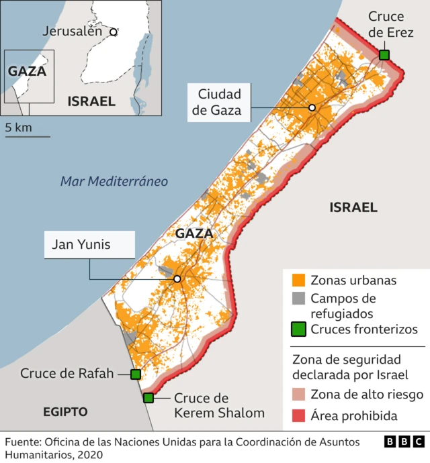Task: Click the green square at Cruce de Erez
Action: [384, 55]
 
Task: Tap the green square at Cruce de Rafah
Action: [135, 374]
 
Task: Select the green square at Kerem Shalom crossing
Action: [148, 398]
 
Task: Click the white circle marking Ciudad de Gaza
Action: [312, 108]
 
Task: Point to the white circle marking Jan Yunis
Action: [177, 279]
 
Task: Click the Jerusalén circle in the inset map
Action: [114, 31]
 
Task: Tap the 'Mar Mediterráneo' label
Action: [114, 181]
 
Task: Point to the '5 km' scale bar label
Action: [18, 127]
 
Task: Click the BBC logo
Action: [404, 442]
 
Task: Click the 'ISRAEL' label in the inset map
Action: [91, 101]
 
